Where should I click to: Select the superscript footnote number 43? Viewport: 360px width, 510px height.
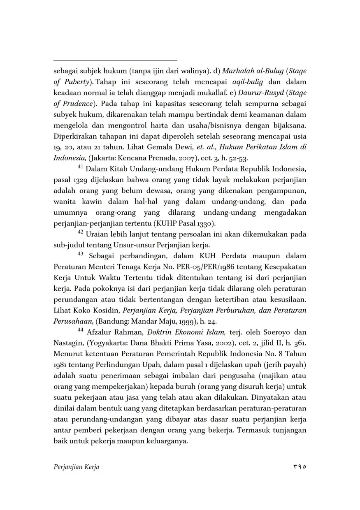pyautogui.click(x=81, y=254)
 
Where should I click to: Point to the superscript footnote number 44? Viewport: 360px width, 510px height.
pyautogui.click(x=81, y=330)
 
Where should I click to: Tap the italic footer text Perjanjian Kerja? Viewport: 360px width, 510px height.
pyautogui.click(x=77, y=467)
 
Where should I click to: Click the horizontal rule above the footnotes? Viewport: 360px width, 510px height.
pyautogui.click(x=115, y=60)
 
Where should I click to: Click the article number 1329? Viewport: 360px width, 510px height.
pyautogui.click(x=78, y=180)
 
